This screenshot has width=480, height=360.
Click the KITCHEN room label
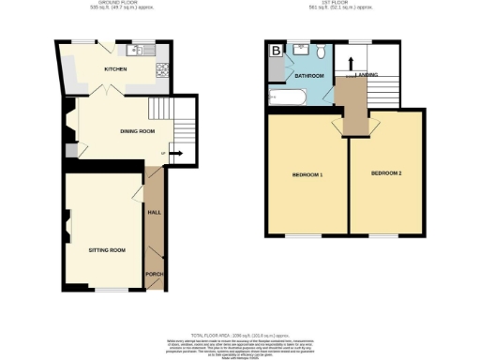(115, 69)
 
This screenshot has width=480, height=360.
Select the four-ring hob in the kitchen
(161, 68)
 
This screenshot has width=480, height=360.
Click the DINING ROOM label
(137, 131)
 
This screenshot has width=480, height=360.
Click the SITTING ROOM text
(106, 252)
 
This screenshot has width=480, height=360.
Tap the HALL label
(155, 214)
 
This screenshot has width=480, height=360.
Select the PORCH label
(154, 275)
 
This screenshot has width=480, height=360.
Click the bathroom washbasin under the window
(300, 48)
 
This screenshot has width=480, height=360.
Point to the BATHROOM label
(308, 75)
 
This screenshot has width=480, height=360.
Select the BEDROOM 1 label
(307, 175)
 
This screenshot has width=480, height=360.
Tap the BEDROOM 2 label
(385, 174)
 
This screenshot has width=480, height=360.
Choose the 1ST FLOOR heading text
(346, 5)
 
